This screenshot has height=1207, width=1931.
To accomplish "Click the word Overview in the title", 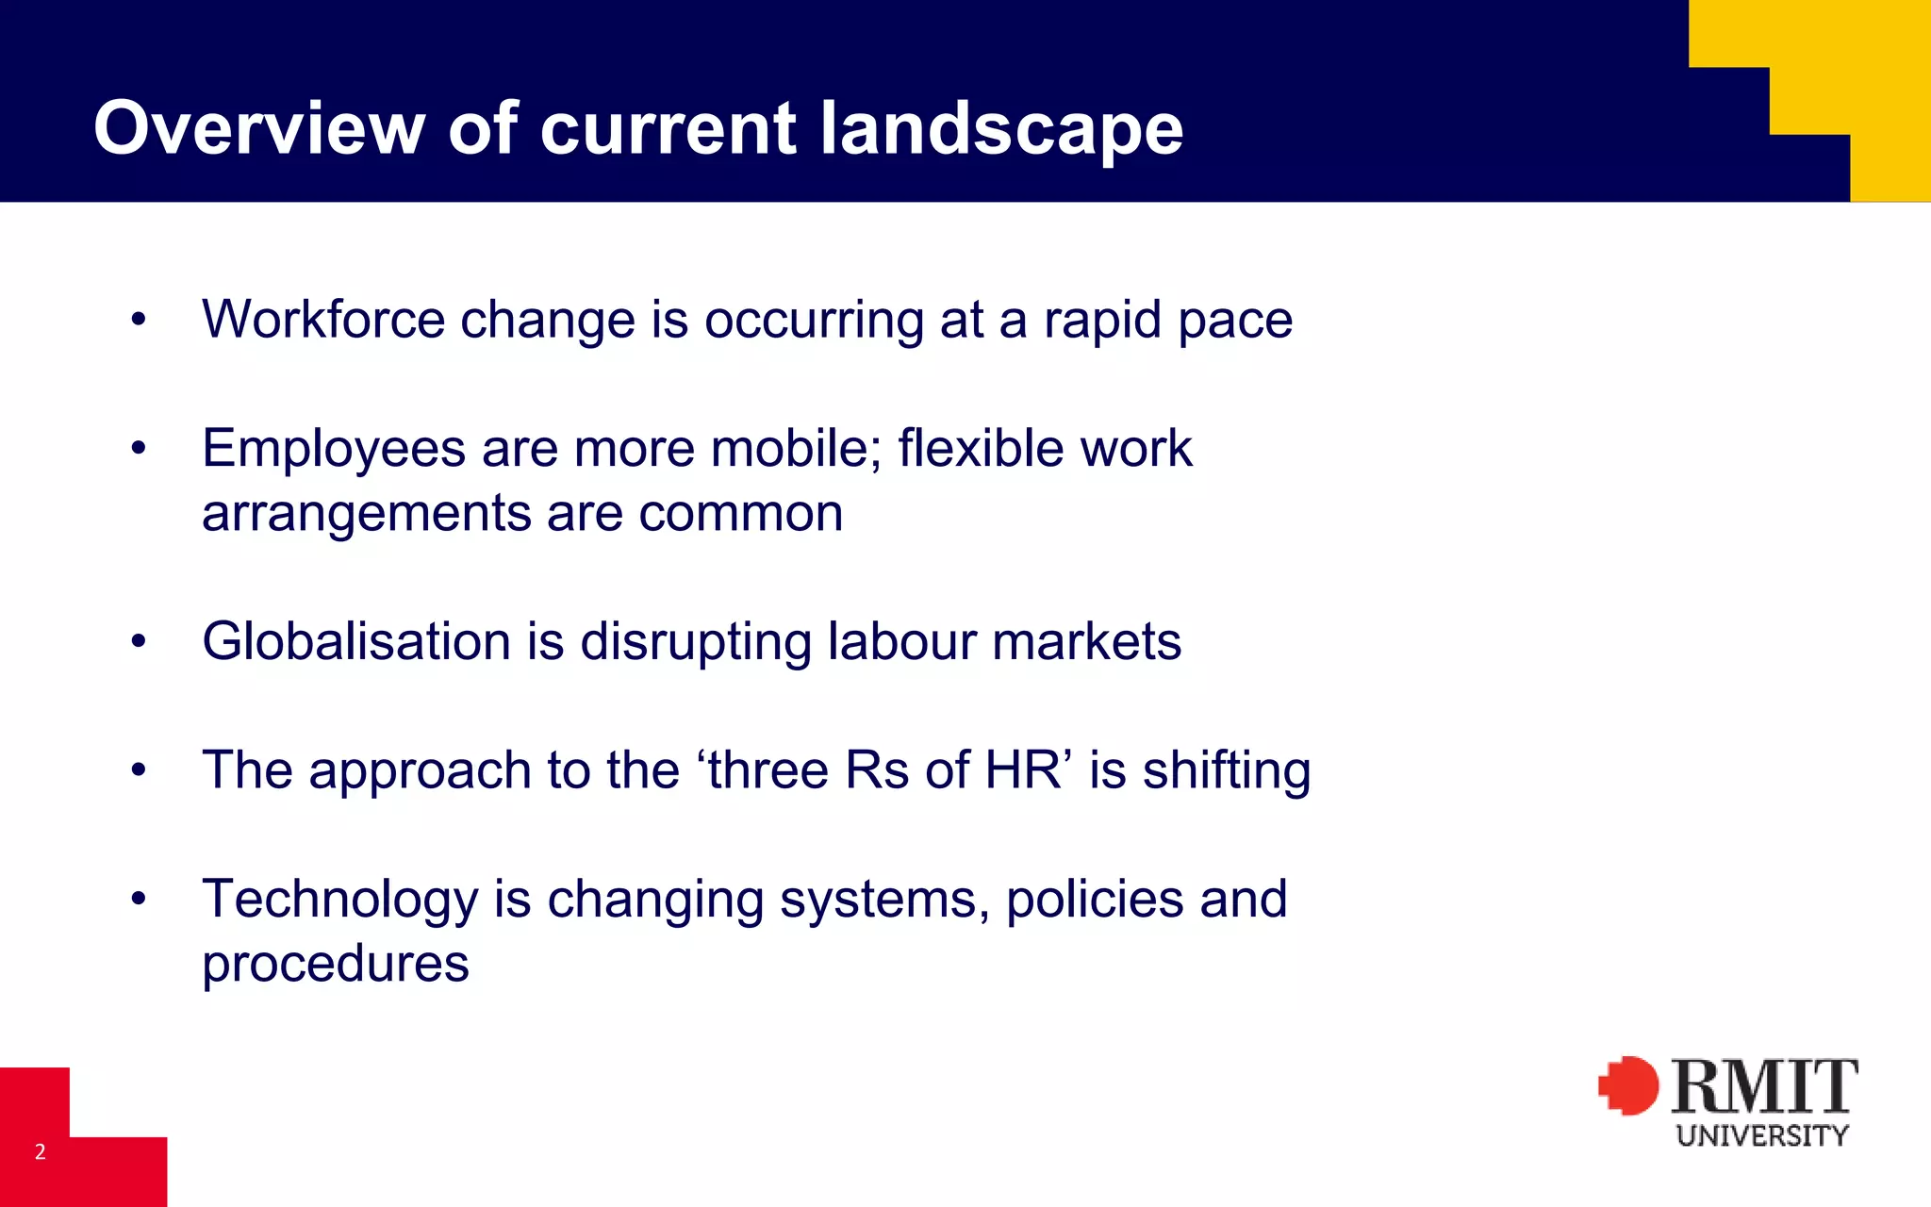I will [259, 128].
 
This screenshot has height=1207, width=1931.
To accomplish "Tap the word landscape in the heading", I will [1001, 130].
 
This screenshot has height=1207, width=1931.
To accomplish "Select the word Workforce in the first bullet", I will [322, 319].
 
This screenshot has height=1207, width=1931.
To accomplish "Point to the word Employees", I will [334, 449].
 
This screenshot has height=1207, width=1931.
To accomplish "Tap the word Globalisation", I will [356, 641].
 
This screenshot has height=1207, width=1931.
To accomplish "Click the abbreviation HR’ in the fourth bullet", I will [1029, 769].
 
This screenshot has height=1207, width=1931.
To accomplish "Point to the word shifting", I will [1227, 771].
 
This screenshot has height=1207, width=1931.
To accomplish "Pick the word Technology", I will [340, 900].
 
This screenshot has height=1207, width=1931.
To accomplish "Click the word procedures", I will [336, 964].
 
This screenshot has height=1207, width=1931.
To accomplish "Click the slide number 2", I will [41, 1151].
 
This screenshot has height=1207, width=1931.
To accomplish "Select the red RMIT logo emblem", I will [1628, 1085].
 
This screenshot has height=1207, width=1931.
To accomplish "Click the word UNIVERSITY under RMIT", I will [1762, 1135].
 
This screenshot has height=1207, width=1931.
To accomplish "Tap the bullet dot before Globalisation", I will [139, 641].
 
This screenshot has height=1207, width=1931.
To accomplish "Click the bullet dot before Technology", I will [139, 899].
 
